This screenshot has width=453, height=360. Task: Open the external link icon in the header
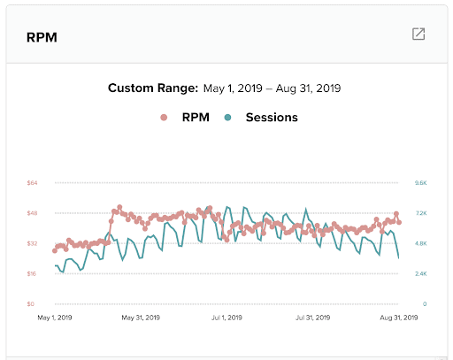tap(418, 34)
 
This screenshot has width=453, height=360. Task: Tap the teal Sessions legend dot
tap(229, 117)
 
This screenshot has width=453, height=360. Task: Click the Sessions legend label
tap(271, 117)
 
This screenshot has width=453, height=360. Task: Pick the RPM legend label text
tap(193, 117)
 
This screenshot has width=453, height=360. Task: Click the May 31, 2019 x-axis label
tap(141, 317)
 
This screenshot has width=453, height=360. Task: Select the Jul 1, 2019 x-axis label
tap(228, 317)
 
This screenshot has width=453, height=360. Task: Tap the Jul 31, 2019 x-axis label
tap(315, 317)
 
